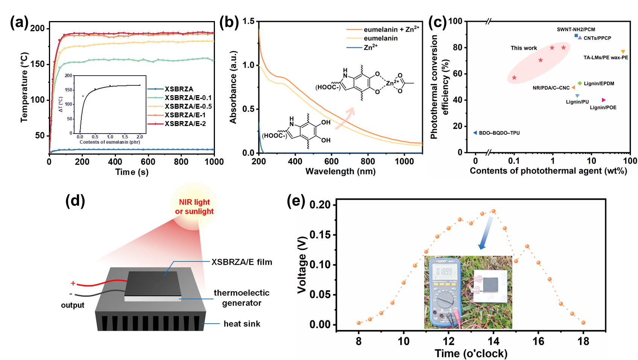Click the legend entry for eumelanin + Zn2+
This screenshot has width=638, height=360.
pyautogui.click(x=391, y=29)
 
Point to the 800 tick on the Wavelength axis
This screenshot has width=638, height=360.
pyautogui.click(x=368, y=161)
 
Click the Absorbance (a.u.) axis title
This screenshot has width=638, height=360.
pyautogui.click(x=233, y=87)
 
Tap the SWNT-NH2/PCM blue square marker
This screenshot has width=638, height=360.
pyautogui.click(x=576, y=36)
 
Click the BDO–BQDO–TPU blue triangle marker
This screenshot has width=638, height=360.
pyautogui.click(x=475, y=133)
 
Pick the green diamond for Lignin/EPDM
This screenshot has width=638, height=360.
pyautogui.click(x=580, y=83)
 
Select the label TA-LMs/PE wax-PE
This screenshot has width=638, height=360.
pyautogui.click(x=606, y=58)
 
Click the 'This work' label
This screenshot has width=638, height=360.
pyautogui.click(x=524, y=48)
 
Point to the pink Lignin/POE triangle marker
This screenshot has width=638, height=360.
pyautogui.click(x=604, y=100)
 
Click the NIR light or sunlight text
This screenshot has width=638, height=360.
pyautogui.click(x=194, y=207)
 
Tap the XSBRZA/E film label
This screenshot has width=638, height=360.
pyautogui.click(x=242, y=262)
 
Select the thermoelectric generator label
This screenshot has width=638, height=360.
pyautogui.click(x=242, y=298)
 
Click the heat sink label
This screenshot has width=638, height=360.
pyautogui.click(x=242, y=324)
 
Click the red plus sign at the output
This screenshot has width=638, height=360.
pyautogui.click(x=73, y=283)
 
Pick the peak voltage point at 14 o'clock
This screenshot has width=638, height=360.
pyautogui.click(x=493, y=211)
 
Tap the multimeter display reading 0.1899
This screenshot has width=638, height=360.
pyautogui.click(x=444, y=271)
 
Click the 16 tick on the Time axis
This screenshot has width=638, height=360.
pyautogui.click(x=538, y=341)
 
